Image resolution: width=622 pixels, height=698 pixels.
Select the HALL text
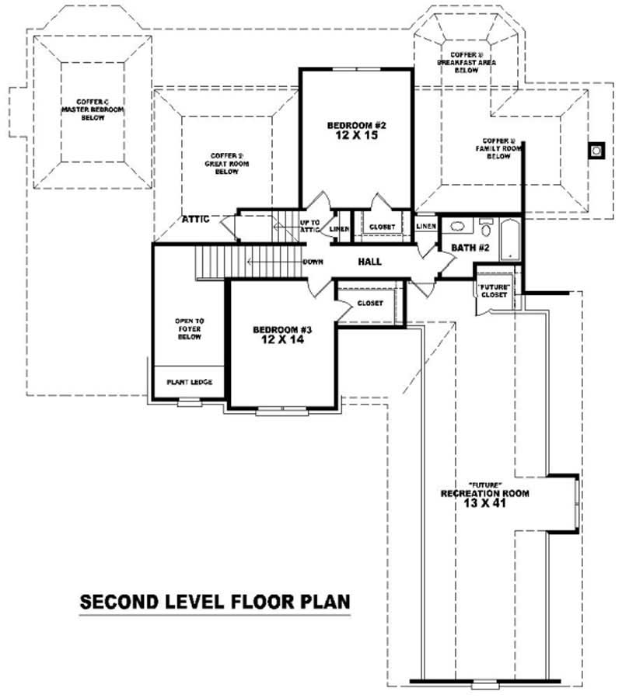coord(369,262)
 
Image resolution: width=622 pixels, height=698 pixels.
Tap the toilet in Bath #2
coord(486,227)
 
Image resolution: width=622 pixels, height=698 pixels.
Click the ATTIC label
coord(196,220)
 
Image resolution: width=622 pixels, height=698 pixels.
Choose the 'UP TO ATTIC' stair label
coord(310,227)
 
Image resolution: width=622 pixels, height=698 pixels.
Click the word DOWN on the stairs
coord(313,262)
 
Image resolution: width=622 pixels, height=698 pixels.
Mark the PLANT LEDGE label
coord(190,382)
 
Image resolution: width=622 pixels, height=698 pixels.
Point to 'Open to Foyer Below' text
coord(190,328)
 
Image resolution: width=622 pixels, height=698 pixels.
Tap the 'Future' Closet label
coord(494,291)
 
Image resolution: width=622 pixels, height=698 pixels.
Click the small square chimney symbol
coord(597,150)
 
